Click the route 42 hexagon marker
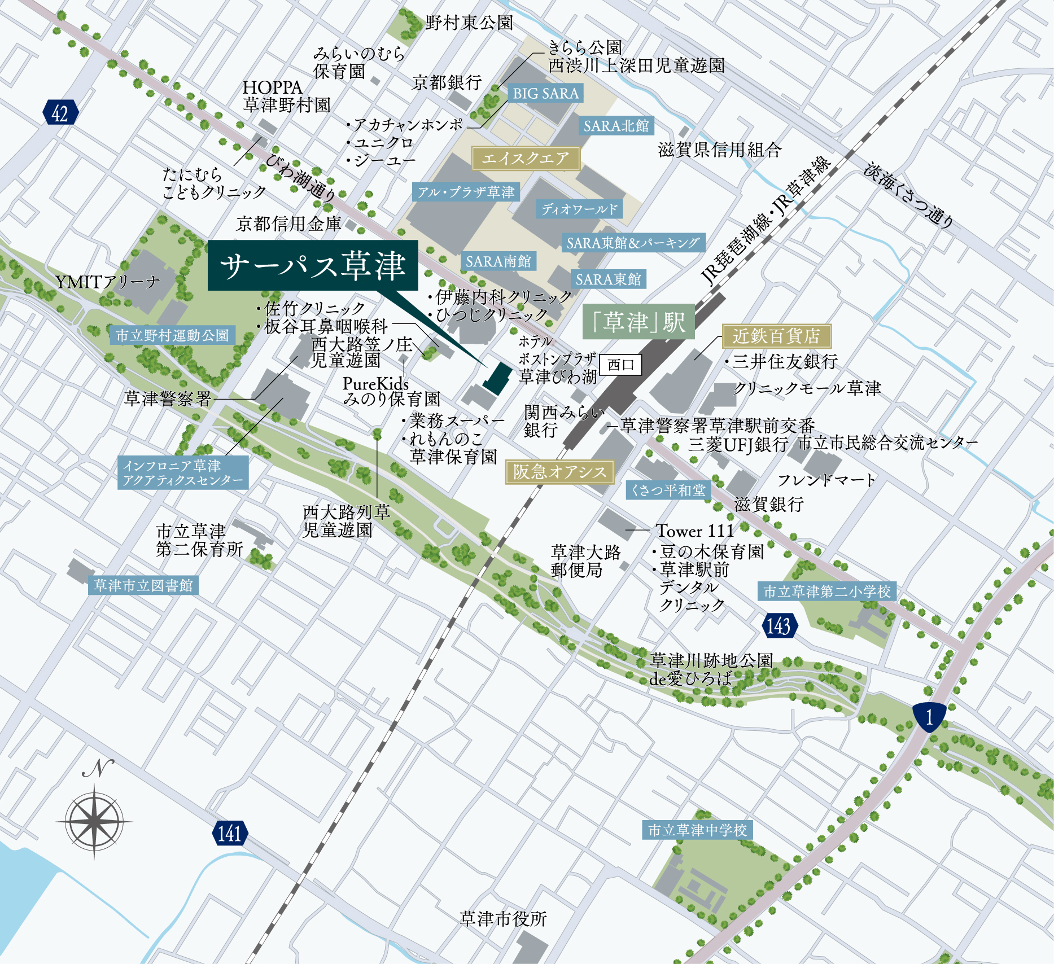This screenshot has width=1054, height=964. click(60, 113)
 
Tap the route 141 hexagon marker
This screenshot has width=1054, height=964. click(230, 833)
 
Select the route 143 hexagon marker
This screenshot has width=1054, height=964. click(779, 625)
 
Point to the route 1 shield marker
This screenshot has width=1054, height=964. click(929, 717)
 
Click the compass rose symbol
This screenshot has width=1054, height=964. click(94, 821)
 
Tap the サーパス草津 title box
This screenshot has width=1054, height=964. click(313, 265)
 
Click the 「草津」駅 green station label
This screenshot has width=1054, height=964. click(638, 322)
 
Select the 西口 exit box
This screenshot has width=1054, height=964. click(620, 365)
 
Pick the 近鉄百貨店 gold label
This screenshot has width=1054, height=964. click(776, 336)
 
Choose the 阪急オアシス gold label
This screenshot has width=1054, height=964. click(559, 472)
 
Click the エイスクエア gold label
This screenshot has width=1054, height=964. click(526, 159)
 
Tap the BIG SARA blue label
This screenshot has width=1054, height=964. click(545, 93)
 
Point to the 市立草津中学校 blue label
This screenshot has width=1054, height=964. click(697, 830)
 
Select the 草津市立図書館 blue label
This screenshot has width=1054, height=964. click(143, 585)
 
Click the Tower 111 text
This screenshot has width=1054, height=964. click(694, 531)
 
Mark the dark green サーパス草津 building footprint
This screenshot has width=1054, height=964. click(497, 379)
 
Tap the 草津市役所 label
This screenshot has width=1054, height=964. click(503, 919)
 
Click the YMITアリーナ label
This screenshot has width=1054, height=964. click(107, 282)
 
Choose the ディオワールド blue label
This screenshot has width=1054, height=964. click(579, 209)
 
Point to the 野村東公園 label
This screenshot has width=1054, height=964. click(469, 23)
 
